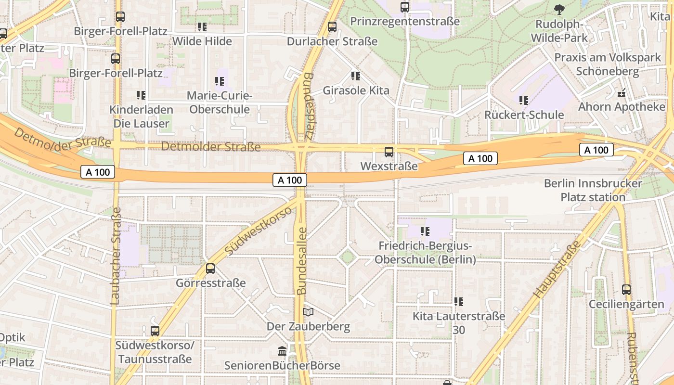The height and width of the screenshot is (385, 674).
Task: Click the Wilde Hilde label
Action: tap(202, 41)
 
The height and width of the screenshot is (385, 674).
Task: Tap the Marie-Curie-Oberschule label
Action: tap(220, 103)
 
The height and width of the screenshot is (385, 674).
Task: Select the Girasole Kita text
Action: tap(356, 90)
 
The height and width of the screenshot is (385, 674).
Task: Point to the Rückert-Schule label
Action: tap(524, 115)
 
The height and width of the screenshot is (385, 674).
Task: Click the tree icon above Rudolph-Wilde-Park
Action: tap(559, 9)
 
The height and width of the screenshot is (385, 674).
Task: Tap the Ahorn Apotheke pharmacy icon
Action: tap(622, 93)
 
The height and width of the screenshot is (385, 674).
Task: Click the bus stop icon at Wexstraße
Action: tap(389, 152)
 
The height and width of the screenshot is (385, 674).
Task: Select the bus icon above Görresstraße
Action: tap(210, 269)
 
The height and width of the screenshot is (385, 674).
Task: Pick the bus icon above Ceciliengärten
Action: tap(626, 290)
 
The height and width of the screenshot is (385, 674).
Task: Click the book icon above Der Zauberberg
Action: tap(308, 312)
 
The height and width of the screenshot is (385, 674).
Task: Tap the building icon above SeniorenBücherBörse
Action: tap(282, 351)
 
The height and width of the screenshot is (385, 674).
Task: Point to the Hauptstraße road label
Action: tap(557, 270)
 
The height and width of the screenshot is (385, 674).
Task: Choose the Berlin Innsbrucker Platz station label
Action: tap(593, 190)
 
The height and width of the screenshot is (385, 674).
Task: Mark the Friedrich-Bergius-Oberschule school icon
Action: tap(425, 231)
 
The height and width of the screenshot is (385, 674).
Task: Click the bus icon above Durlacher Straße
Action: tap(332, 27)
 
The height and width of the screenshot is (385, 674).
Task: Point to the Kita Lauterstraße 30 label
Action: tap(459, 323)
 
